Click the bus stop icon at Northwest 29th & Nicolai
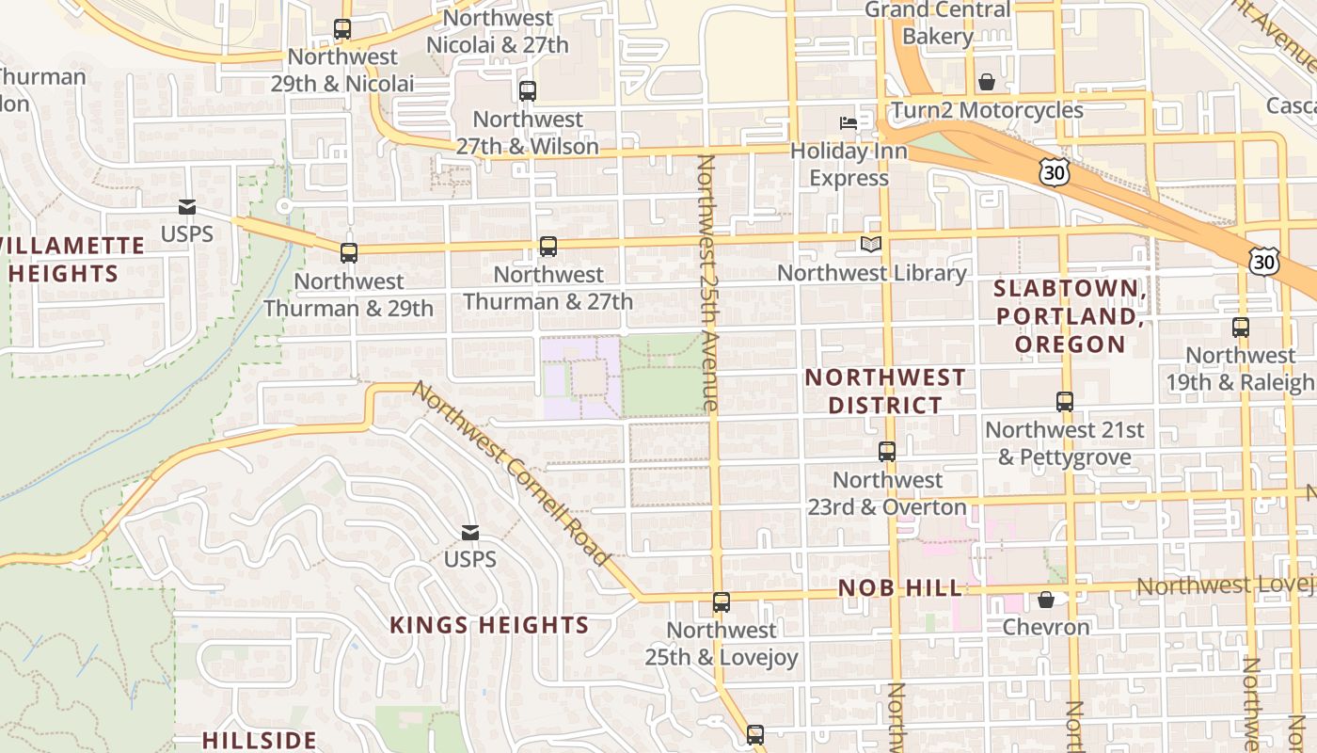click(342, 29)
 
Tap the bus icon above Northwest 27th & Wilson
click(528, 91)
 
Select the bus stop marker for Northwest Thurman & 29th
click(349, 252)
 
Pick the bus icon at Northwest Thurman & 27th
click(548, 247)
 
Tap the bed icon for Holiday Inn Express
click(849, 122)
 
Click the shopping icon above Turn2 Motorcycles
click(987, 82)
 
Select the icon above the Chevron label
click(1046, 600)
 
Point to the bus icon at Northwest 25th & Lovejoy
click(722, 602)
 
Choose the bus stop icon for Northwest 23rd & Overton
click(887, 452)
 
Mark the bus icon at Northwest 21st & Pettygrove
click(1065, 402)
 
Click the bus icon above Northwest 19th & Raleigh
click(1241, 328)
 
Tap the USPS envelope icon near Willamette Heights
click(187, 207)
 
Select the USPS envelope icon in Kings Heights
click(470, 533)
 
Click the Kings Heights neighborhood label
click(489, 625)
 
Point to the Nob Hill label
click(900, 589)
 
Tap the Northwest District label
click(885, 392)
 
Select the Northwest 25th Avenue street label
click(707, 282)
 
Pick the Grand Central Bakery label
click(937, 24)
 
